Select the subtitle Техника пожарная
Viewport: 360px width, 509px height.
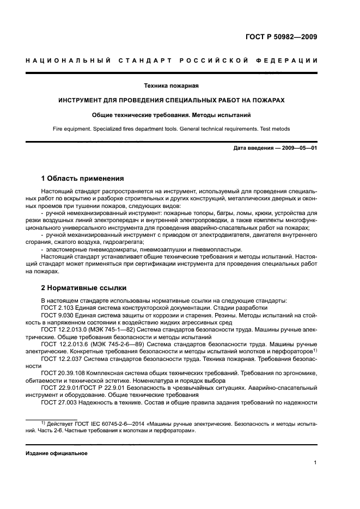(171, 85)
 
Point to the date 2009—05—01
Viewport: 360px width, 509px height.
(298, 148)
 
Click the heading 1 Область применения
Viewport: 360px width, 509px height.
(82, 178)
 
